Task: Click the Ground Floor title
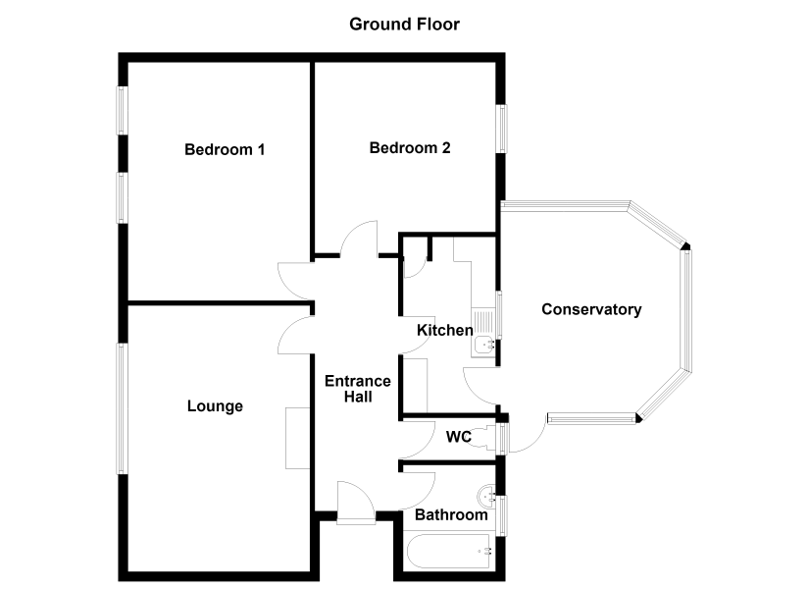pyautogui.click(x=404, y=25)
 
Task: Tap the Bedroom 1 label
pyautogui.click(x=225, y=150)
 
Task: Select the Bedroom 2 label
pyautogui.click(x=410, y=148)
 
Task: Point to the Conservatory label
pyautogui.click(x=591, y=309)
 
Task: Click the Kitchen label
pyautogui.click(x=445, y=330)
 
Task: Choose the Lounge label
pyautogui.click(x=215, y=406)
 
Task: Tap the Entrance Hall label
pyautogui.click(x=358, y=389)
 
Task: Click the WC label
pyautogui.click(x=459, y=437)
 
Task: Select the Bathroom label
pyautogui.click(x=451, y=515)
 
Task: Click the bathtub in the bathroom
pyautogui.click(x=448, y=552)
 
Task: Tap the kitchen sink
pyautogui.click(x=483, y=332)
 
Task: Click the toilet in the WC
pyautogui.click(x=484, y=437)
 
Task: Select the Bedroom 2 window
pyautogui.click(x=501, y=129)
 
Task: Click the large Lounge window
pyautogui.click(x=122, y=408)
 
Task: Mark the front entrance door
pyautogui.click(x=356, y=503)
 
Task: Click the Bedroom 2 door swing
pyautogui.click(x=359, y=239)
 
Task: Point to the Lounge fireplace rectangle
pyautogui.click(x=298, y=438)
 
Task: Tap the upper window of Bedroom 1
pyautogui.click(x=122, y=111)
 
